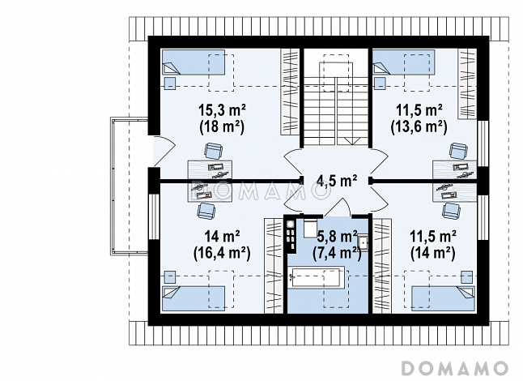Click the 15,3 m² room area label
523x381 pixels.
222,109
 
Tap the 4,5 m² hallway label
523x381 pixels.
337,181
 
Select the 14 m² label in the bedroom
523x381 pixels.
222,237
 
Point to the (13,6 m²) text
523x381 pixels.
419,127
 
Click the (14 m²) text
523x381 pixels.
433,254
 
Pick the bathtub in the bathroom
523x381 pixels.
316,276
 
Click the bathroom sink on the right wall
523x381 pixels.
363,242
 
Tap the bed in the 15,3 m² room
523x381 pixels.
193,62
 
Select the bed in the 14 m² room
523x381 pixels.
193,298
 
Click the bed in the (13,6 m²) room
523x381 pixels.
404,62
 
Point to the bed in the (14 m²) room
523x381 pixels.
443,298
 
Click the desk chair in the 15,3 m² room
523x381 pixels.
213,151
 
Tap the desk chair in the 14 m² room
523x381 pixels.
206,211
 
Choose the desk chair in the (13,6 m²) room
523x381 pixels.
458,151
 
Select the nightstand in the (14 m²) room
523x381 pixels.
466,276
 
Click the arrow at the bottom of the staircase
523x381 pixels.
350,141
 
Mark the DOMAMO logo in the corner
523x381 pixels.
455,368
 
